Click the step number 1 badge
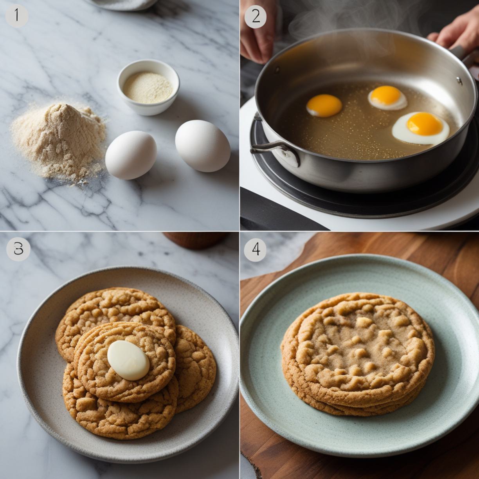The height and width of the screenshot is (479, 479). [x=17, y=15]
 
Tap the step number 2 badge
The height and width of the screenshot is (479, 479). [x=256, y=17]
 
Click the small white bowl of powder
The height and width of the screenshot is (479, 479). [x=148, y=87]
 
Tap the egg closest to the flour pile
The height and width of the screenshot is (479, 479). [x=131, y=155]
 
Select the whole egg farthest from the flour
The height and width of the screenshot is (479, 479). [x=203, y=146]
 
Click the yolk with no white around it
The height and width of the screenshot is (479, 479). [x=324, y=106]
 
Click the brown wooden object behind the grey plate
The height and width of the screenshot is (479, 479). [x=196, y=240]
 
